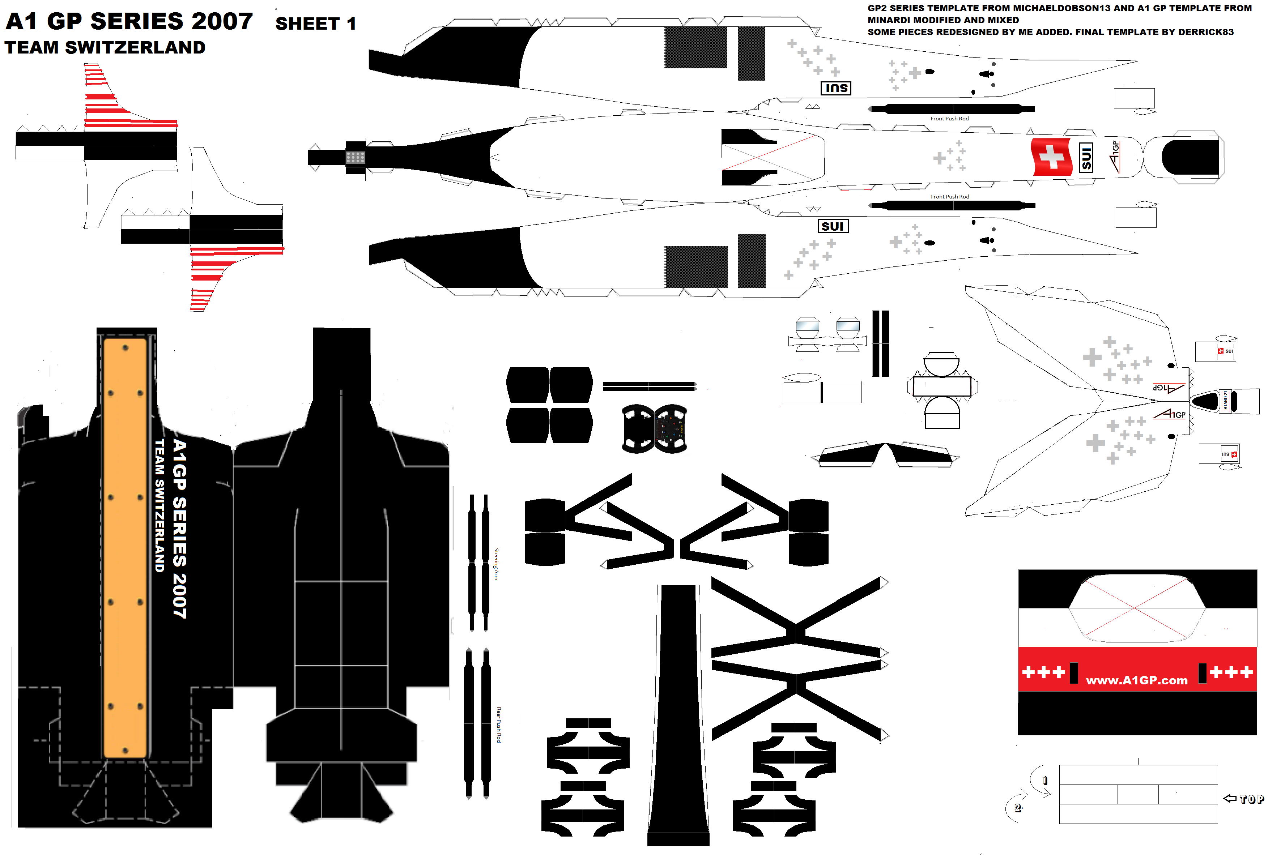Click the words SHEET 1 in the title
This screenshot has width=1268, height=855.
(315, 24)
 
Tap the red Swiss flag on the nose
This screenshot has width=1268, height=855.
(1051, 157)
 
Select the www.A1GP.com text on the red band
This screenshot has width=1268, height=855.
(1137, 680)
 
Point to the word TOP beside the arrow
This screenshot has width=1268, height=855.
(1252, 799)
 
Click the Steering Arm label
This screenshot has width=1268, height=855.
(496, 564)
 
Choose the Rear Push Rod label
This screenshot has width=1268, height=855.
(498, 725)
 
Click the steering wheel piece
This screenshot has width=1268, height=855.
(655, 429)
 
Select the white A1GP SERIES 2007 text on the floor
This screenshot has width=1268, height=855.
(179, 529)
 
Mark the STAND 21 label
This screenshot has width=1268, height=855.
(1225, 401)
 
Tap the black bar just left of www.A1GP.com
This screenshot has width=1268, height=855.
(1074, 673)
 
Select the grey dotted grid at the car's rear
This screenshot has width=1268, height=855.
(355, 158)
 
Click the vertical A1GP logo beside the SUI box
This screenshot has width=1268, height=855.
(1114, 157)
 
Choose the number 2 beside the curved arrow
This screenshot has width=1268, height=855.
(1017, 808)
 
